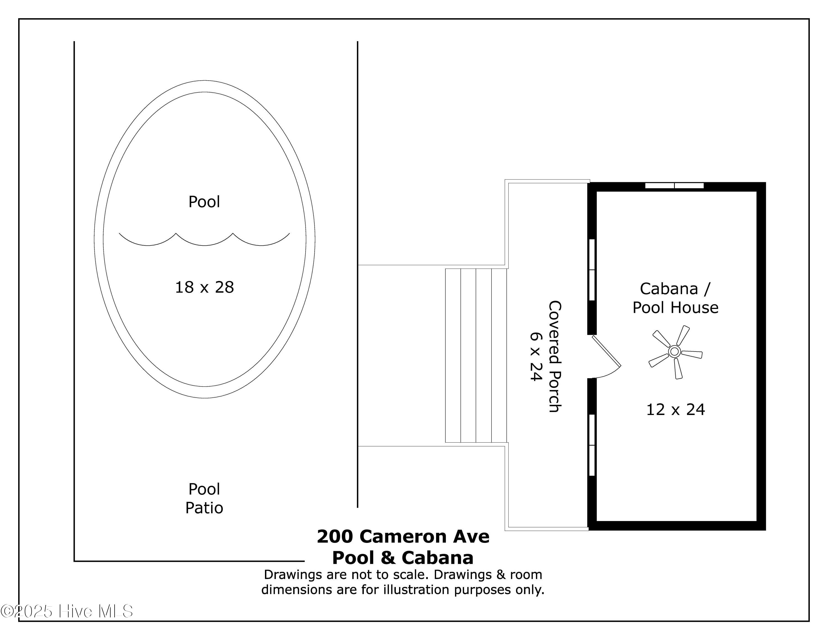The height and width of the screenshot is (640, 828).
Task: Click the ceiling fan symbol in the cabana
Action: (675, 352)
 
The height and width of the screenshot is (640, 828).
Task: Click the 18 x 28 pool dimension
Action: (204, 287)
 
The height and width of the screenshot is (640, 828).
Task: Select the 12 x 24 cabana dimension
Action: (675, 409)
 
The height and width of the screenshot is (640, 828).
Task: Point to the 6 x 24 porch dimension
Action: (536, 356)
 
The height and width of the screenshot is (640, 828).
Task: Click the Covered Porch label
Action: (555, 356)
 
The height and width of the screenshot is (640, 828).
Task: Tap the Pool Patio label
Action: (204, 499)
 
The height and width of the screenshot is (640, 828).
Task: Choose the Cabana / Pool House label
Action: (675, 298)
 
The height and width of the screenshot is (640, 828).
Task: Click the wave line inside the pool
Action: (204, 240)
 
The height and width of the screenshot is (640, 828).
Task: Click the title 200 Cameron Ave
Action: (403, 536)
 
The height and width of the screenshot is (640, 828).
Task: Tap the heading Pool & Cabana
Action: (403, 558)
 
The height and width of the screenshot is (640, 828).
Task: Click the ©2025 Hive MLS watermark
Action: (67, 611)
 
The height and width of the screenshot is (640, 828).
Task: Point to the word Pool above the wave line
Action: (204, 202)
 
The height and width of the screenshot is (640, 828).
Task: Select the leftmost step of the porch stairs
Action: (453, 356)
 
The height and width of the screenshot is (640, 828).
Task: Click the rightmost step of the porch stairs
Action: (499, 356)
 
